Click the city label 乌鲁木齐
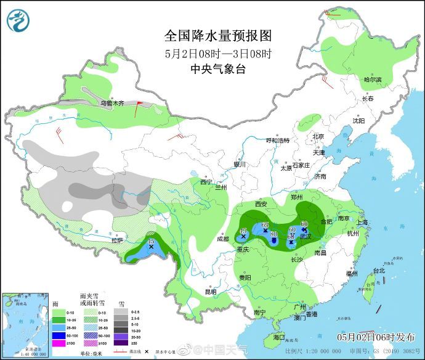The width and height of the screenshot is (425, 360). [112, 104]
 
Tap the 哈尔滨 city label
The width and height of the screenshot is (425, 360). [372, 80]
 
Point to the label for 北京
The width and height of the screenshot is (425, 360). [318, 136]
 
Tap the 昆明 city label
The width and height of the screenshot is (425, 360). [211, 292]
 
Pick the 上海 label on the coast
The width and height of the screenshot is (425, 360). [362, 223]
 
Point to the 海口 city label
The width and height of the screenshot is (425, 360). [278, 337]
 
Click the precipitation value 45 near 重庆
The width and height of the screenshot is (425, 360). [242, 231]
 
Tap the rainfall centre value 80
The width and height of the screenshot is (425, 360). [273, 234]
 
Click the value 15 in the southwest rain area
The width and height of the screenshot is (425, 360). [151, 241]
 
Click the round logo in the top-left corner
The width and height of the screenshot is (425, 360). [18, 20]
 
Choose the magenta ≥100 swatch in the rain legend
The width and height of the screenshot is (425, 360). [58, 343]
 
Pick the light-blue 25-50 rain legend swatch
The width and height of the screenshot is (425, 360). [58, 328]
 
